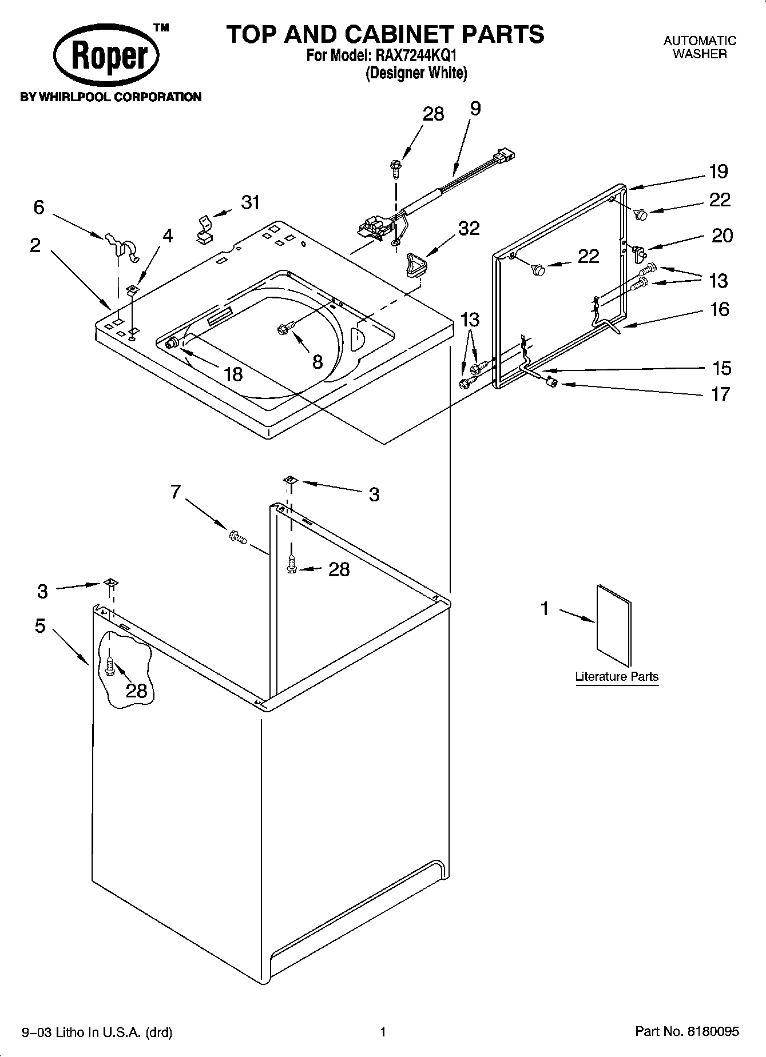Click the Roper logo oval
[x=106, y=56]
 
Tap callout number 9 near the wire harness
[x=475, y=108]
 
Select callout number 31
[x=250, y=202]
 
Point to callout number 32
[x=469, y=228]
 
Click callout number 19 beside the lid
[x=718, y=171]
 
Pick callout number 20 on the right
[x=721, y=235]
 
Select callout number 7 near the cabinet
[x=175, y=491]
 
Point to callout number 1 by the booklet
[x=545, y=609]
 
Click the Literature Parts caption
[x=616, y=676]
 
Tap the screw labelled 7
[x=237, y=537]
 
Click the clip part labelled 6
[x=123, y=249]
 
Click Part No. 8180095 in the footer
[x=686, y=1031]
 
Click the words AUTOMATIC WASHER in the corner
[x=699, y=47]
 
